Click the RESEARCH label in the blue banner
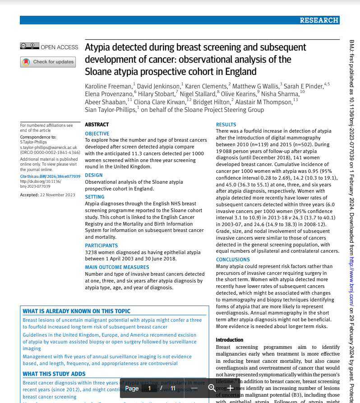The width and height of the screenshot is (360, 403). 319,20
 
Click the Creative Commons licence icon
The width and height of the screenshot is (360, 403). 29,46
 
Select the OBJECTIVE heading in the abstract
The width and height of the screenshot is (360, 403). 97,134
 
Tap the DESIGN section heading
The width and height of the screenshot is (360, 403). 94,175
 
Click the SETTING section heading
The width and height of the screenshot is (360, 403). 95,197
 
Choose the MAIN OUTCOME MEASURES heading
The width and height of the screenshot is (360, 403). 117,267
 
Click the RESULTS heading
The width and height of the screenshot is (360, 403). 226,125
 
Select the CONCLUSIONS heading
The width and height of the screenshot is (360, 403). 233,259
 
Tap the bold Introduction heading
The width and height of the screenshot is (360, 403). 229,340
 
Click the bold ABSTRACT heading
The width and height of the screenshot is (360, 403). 97,125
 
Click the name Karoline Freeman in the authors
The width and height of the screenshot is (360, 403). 108,86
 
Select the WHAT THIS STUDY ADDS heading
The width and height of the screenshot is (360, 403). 54,374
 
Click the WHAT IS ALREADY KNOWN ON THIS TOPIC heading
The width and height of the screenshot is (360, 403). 77,311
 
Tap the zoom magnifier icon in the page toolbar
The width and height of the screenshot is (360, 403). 212,388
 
